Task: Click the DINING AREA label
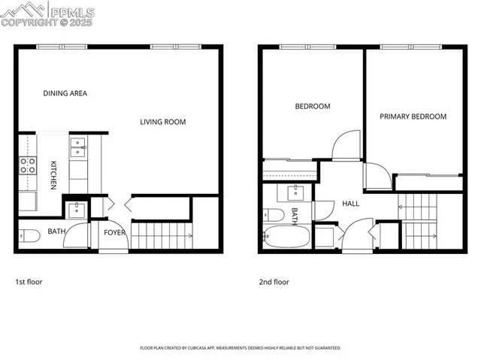[65, 93]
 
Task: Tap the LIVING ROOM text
[163, 122]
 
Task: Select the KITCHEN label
[54, 175]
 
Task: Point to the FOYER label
[115, 232]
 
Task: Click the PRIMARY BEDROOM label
[413, 116]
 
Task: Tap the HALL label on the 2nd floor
[351, 204]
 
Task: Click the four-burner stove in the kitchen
[27, 166]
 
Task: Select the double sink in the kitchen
[78, 147]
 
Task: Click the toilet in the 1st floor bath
[29, 236]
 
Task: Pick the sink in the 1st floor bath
[76, 207]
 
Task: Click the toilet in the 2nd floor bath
[274, 216]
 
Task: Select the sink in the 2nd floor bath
[295, 191]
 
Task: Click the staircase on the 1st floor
[162, 236]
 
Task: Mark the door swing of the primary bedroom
[378, 177]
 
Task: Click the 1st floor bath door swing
[77, 235]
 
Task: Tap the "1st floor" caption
[29, 282]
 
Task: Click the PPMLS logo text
[71, 12]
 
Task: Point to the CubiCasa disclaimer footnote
[240, 348]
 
